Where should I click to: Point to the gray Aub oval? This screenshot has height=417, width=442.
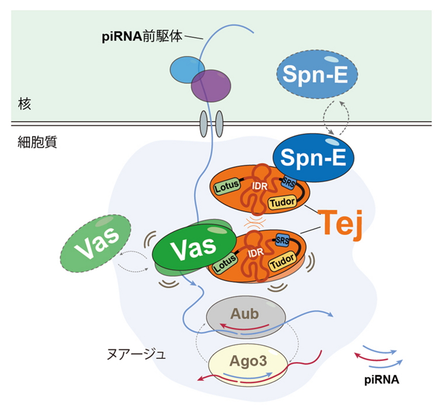(245, 317)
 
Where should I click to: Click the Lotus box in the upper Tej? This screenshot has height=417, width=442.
(226, 186)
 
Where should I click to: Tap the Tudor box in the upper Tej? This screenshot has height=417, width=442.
(283, 201)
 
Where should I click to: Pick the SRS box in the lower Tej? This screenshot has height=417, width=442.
(282, 240)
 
